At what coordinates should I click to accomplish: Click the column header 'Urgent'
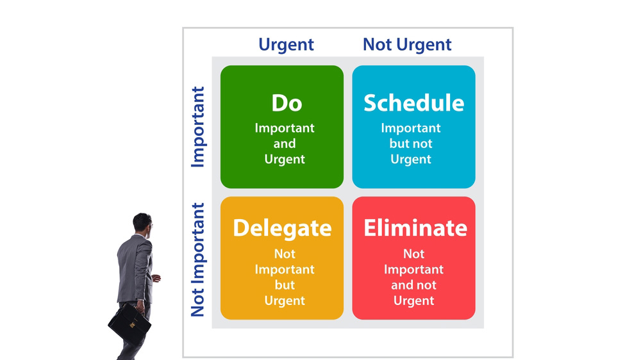click(x=286, y=45)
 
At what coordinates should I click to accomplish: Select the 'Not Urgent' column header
click(x=407, y=45)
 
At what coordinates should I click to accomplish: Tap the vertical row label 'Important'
click(x=198, y=127)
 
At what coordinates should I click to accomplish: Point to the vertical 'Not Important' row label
click(x=198, y=260)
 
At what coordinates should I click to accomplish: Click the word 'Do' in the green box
click(x=287, y=103)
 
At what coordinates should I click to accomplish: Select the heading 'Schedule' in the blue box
click(x=413, y=103)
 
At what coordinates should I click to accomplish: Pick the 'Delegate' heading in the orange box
click(x=282, y=228)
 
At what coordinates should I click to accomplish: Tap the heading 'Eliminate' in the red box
click(x=415, y=228)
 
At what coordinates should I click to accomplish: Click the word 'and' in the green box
click(x=285, y=144)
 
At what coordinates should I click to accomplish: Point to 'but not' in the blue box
click(x=411, y=144)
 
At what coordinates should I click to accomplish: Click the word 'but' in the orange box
click(x=285, y=285)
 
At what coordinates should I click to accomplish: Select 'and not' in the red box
click(x=413, y=285)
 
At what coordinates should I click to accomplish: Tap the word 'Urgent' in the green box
click(x=285, y=160)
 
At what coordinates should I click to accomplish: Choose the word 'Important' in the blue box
click(x=411, y=128)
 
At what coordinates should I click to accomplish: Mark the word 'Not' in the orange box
click(x=285, y=254)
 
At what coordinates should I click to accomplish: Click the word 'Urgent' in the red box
click(x=413, y=301)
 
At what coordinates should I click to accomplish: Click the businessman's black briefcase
click(x=129, y=324)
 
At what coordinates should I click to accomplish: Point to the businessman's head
click(x=142, y=223)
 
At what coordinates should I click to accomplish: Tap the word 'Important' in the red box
click(x=413, y=270)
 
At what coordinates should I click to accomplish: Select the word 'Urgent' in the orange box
click(x=285, y=301)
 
